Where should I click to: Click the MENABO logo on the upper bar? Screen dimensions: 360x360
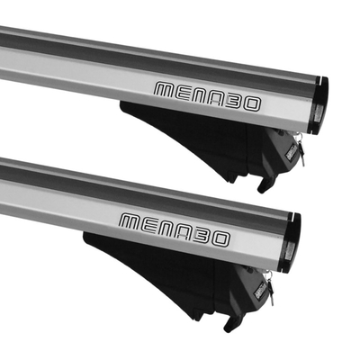206,96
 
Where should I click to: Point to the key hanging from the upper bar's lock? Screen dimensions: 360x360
300,153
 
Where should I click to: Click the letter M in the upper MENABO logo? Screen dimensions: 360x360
166,90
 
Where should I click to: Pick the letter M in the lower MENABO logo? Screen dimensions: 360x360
130,220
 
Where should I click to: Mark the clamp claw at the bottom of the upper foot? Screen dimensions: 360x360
265,184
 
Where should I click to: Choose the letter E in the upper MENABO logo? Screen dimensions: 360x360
184,93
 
